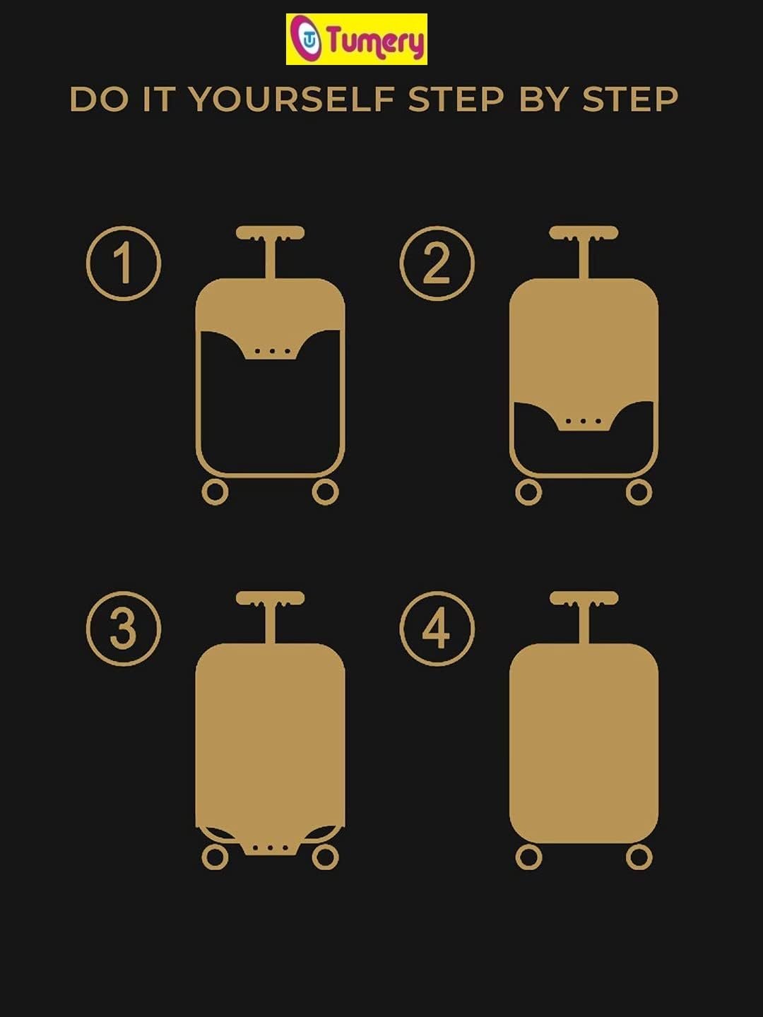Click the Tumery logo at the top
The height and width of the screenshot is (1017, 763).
tap(356, 40)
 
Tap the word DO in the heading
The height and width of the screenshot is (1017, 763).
tap(100, 100)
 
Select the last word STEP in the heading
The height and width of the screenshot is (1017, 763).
tap(629, 100)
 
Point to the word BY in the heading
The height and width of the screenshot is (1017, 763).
tap(543, 100)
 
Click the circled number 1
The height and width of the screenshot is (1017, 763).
tap(124, 263)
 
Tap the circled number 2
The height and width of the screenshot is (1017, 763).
tap(437, 263)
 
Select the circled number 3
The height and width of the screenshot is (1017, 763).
tap(124, 629)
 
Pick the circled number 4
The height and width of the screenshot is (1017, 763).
tap(437, 629)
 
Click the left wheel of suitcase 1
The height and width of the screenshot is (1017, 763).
tap(215, 492)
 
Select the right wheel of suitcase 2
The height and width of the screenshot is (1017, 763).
tap(639, 492)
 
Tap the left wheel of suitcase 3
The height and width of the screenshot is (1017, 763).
tap(215, 857)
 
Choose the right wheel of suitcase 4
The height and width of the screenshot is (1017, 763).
tap(639, 857)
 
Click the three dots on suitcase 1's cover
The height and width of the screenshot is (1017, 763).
tap(271, 351)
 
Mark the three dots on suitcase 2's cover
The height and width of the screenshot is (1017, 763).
tap(584, 422)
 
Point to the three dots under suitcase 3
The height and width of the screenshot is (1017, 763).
tap(271, 847)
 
